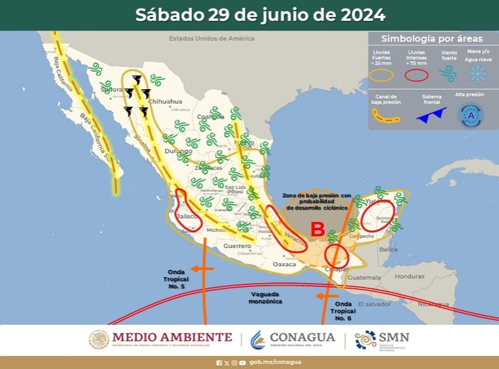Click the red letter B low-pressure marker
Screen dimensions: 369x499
click(x=318, y=229)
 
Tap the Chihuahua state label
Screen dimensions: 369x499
click(x=164, y=102)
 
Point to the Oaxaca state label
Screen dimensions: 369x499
click(x=284, y=264)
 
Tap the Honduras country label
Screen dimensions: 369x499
click(x=409, y=276)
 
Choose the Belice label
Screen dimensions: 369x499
click(x=389, y=249)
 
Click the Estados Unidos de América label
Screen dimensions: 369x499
click(x=211, y=38)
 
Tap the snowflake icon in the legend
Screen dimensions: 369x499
click(x=478, y=74)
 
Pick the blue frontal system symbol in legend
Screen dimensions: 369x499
click(x=431, y=116)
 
